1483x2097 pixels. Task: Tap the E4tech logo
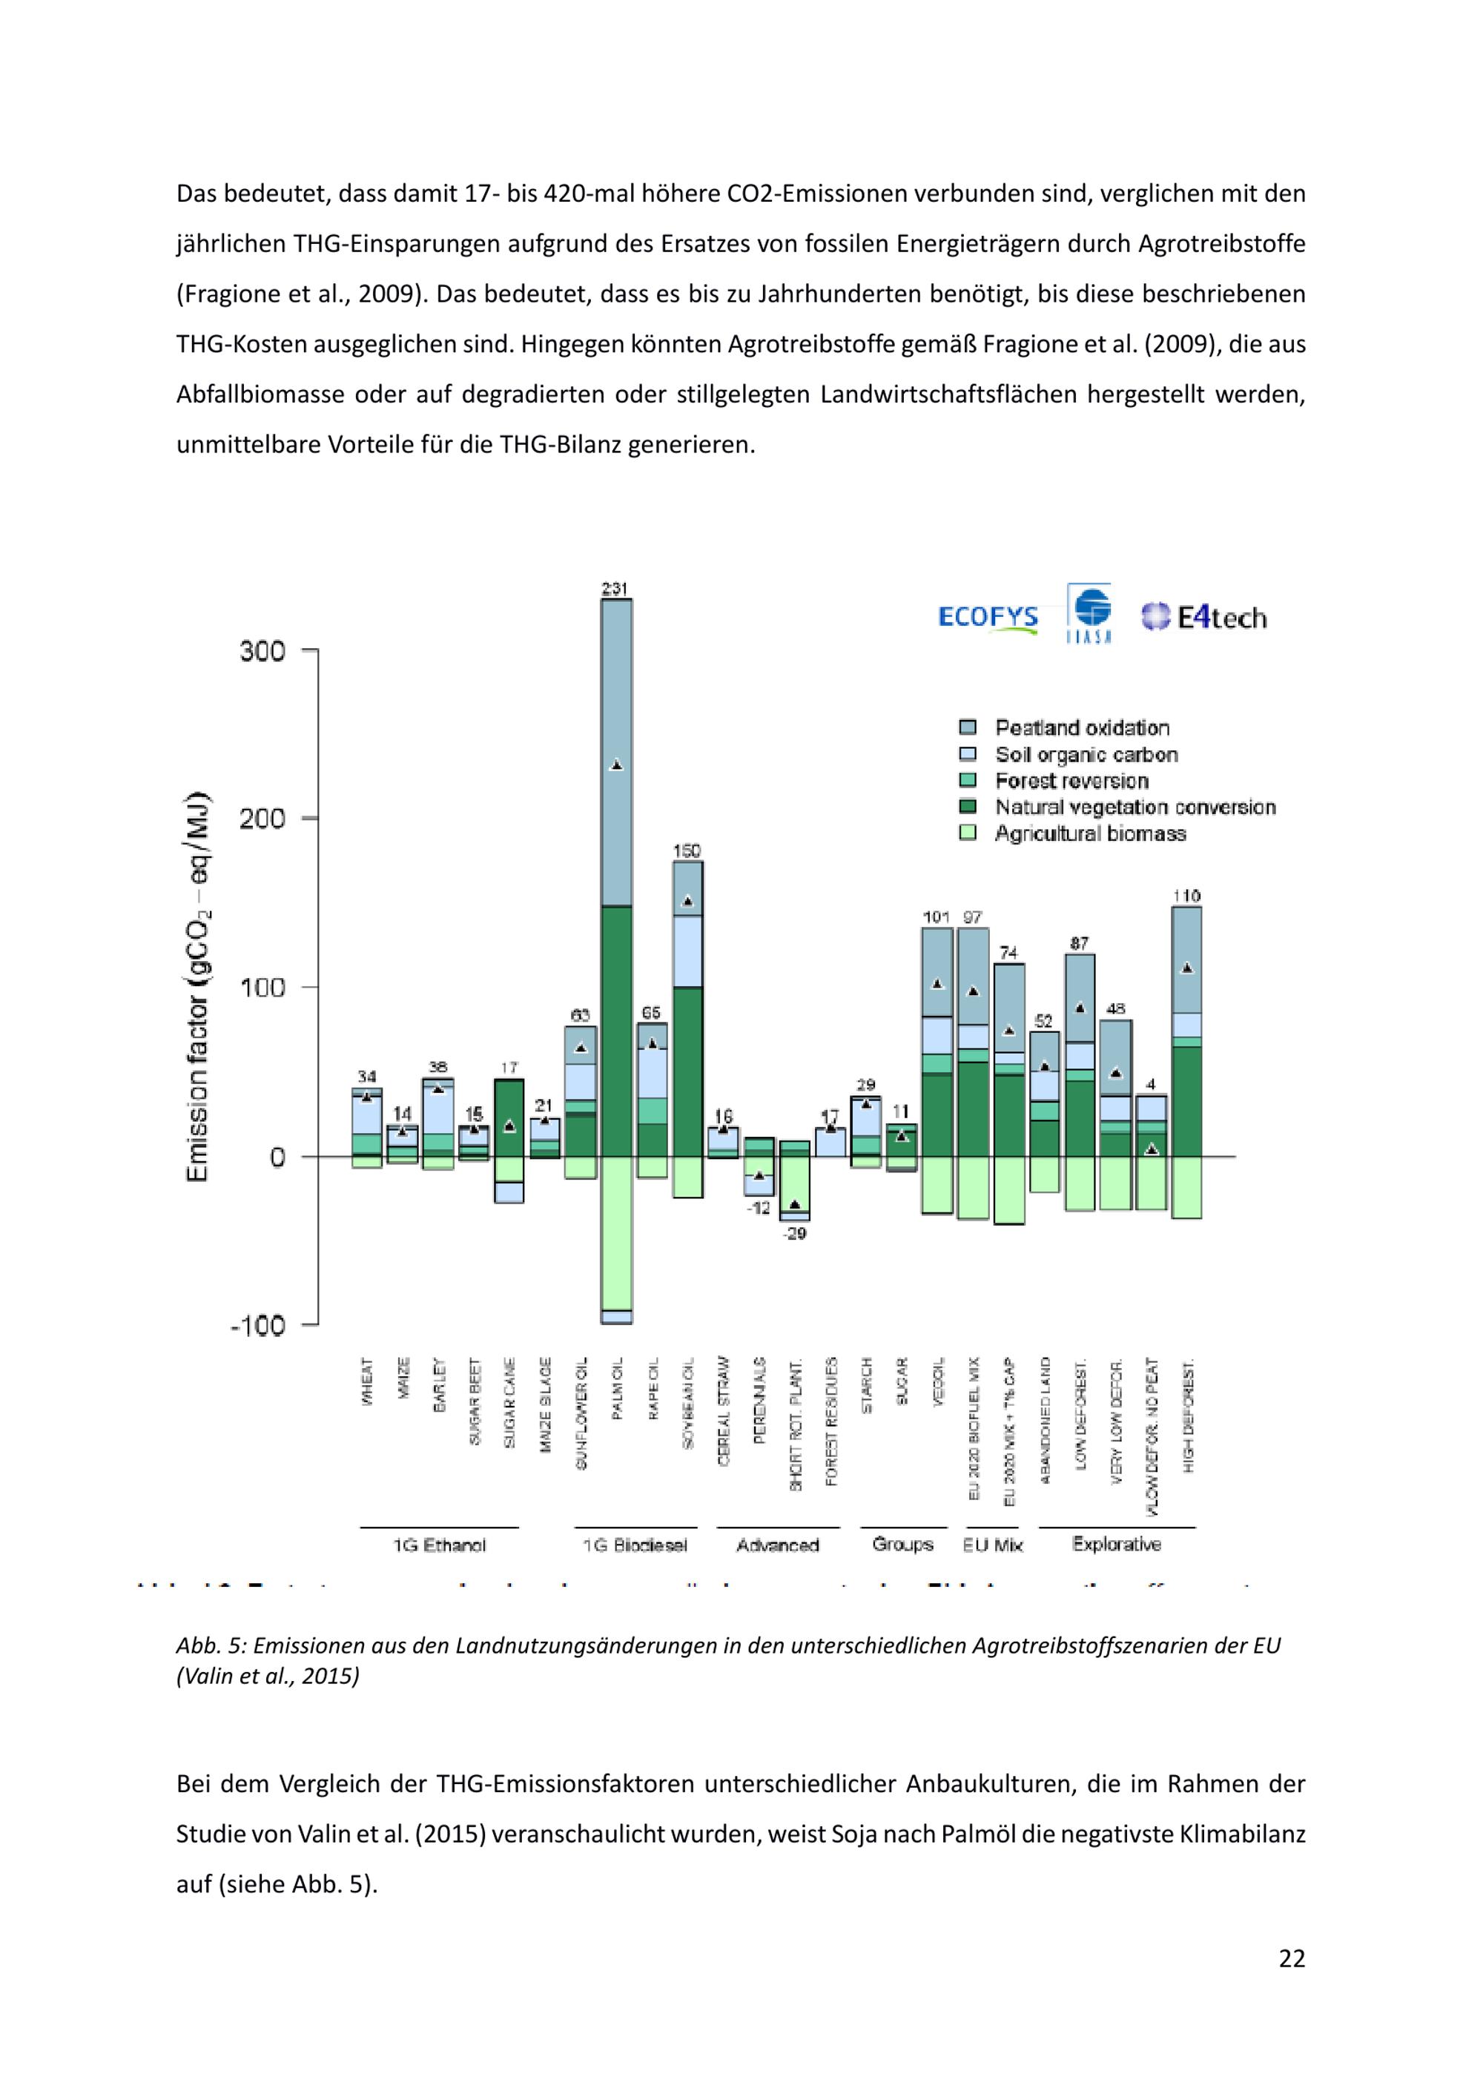pos(1203,618)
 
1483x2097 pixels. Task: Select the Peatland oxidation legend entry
pos(1081,728)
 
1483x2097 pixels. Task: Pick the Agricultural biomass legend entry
pos(1089,834)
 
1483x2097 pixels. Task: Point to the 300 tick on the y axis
pos(263,651)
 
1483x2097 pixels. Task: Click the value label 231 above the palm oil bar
pos(615,589)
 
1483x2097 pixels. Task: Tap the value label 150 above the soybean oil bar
pos(687,851)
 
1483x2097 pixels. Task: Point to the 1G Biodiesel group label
pos(635,1545)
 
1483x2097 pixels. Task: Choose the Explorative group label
pos(1117,1545)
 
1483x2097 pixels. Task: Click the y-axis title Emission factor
pos(198,986)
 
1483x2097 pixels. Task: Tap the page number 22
pos(1291,1958)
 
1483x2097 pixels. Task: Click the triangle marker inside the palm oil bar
pos(616,765)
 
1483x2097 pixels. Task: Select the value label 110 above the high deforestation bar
pos(1186,896)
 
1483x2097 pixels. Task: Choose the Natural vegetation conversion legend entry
pos(1134,808)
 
